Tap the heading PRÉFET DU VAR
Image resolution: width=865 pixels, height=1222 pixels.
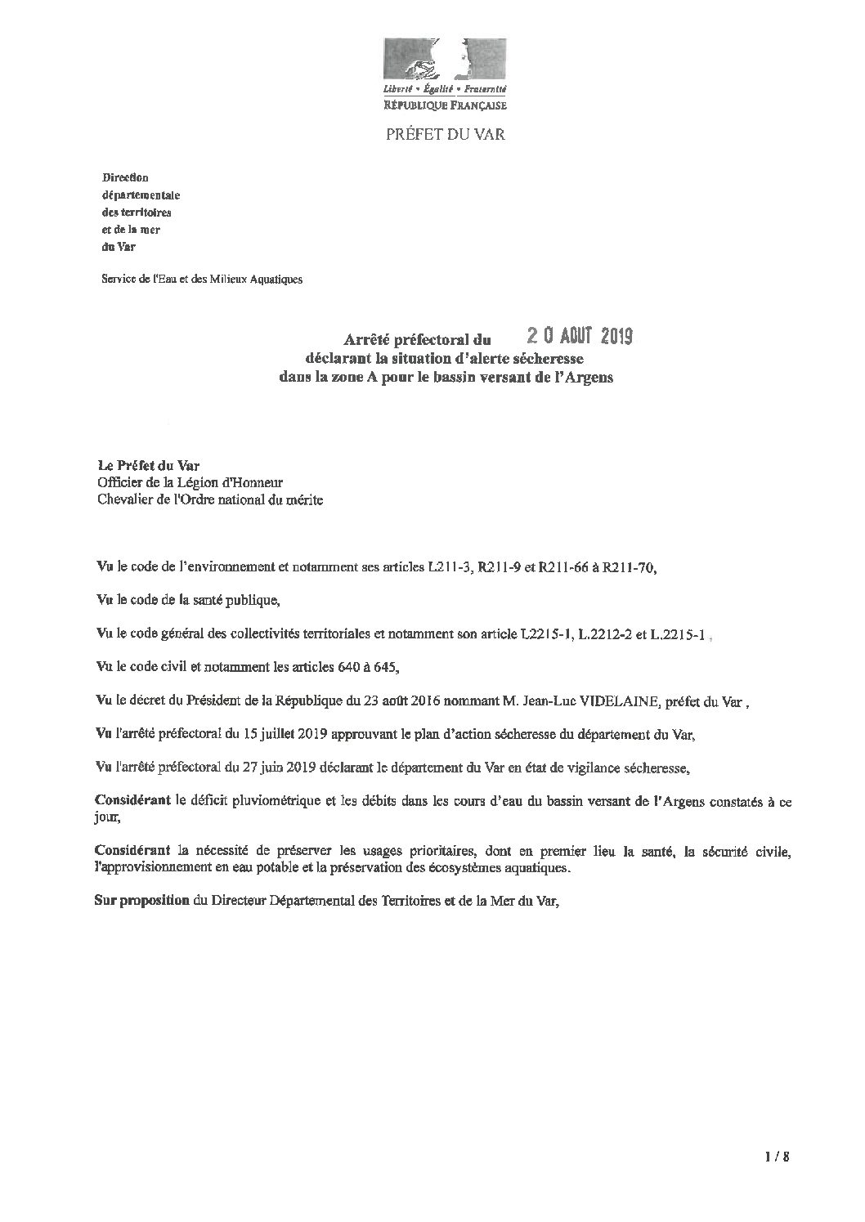446,134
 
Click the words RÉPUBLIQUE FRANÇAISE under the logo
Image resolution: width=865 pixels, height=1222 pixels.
446,105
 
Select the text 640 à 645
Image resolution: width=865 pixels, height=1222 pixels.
368,667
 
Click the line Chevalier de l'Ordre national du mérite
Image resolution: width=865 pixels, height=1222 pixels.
209,499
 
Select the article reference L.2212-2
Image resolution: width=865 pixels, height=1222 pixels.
612,633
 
